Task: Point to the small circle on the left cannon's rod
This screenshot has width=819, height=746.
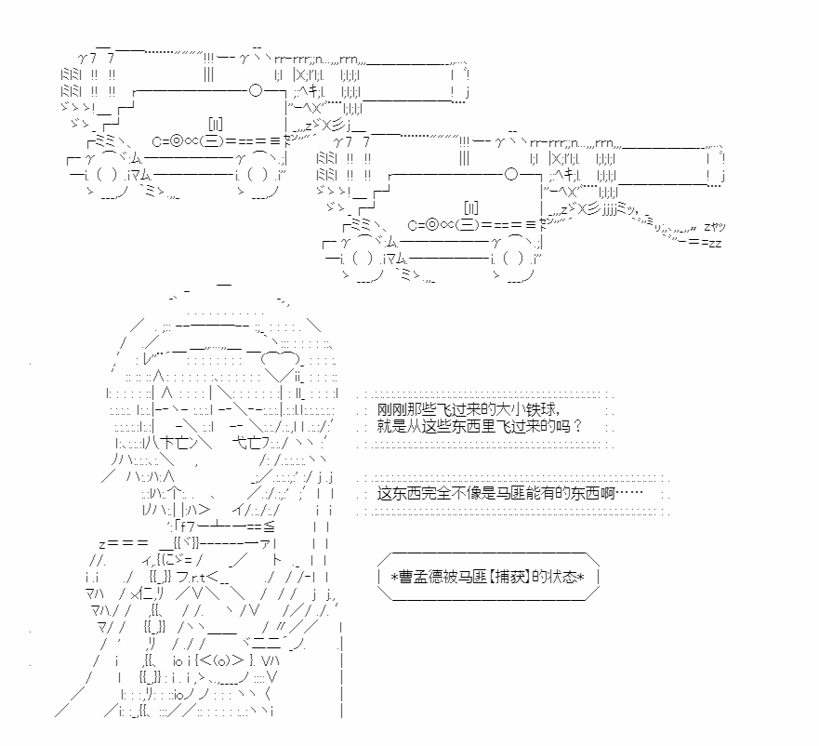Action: point(256,90)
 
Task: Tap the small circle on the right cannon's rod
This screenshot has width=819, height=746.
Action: point(511,174)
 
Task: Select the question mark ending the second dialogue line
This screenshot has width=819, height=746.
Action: point(576,426)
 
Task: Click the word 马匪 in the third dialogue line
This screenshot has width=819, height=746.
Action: point(510,493)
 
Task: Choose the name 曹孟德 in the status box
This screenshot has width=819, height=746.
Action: point(420,577)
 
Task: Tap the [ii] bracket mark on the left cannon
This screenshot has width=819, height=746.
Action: point(215,125)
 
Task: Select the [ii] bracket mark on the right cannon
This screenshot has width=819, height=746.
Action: point(471,208)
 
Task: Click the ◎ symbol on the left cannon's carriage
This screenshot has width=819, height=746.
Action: point(177,141)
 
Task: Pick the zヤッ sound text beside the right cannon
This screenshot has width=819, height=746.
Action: point(715,227)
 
